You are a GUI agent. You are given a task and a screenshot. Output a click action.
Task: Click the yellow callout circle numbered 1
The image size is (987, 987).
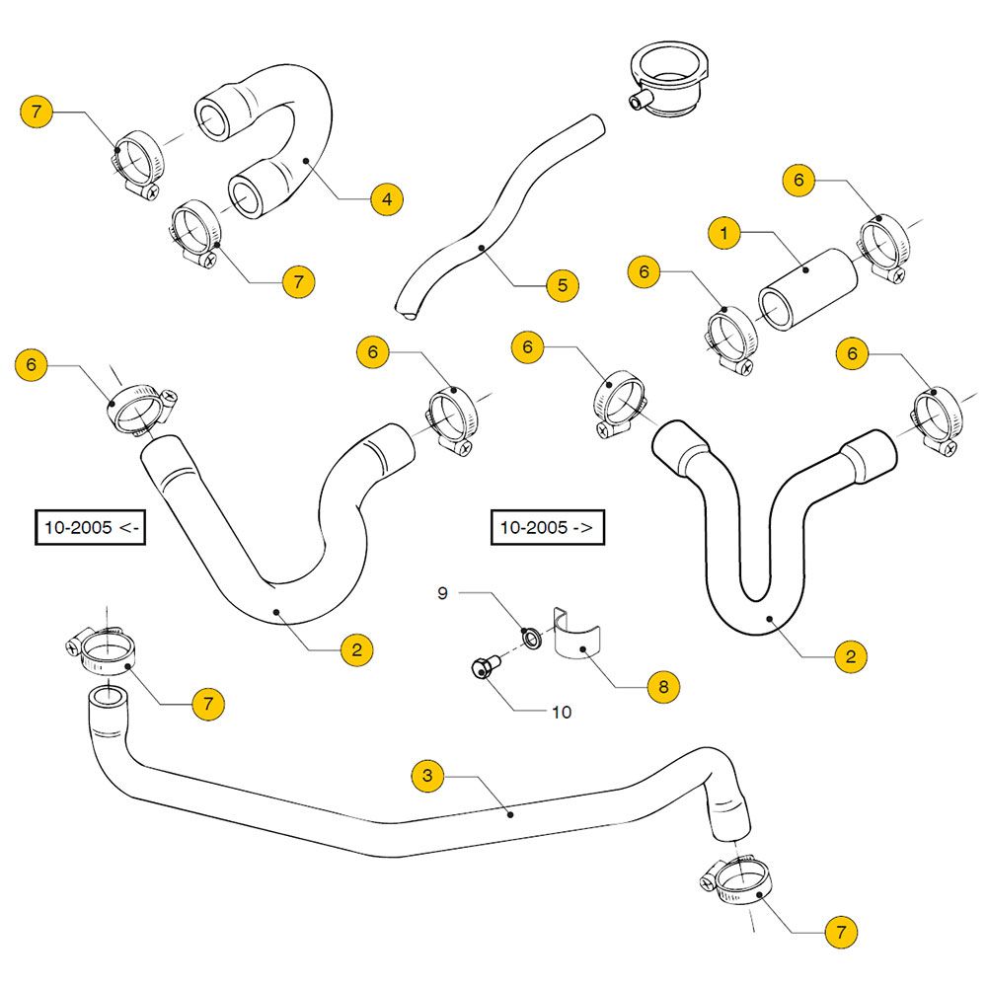[x=724, y=234]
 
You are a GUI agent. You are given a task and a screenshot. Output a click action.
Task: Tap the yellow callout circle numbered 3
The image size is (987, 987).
[x=427, y=776]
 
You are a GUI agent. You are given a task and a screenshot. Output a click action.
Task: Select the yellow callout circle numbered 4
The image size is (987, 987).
[x=387, y=199]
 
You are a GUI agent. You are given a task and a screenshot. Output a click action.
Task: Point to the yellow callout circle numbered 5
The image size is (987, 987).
[x=563, y=286]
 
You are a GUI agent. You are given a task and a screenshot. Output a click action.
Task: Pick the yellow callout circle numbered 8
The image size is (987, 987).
[x=663, y=685]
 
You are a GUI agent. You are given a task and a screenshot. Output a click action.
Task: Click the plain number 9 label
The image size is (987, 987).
[x=443, y=594]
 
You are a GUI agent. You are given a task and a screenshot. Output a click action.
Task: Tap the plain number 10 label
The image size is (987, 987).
[x=562, y=711]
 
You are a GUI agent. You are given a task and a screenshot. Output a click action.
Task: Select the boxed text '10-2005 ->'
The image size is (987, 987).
[x=547, y=528]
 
